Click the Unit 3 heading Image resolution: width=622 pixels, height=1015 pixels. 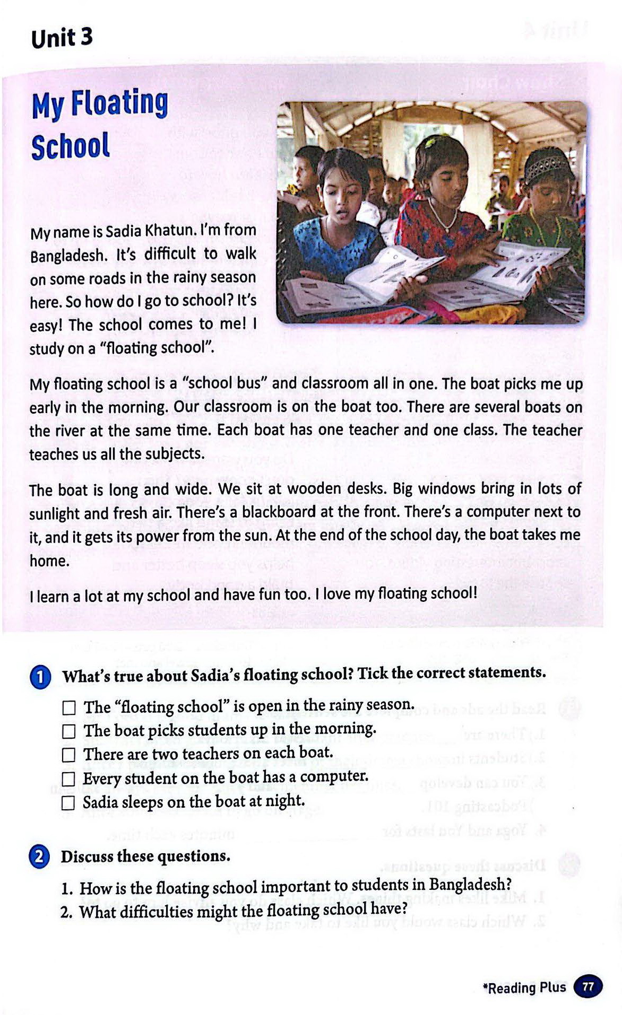point(62,38)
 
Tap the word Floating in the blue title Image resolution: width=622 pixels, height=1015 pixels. point(119,103)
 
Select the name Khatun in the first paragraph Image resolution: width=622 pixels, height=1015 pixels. point(169,231)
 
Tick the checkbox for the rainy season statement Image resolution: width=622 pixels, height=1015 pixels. point(69,708)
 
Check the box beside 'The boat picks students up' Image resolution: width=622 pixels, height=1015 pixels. point(69,732)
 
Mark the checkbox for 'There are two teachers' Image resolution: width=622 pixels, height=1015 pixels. point(69,755)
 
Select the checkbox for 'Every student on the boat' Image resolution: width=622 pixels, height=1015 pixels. point(69,779)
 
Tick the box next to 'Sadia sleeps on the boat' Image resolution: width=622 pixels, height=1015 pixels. point(68,803)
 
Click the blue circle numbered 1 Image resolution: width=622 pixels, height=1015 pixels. point(40,678)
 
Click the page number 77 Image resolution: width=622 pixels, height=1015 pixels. point(588,986)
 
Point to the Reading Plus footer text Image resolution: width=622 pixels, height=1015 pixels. point(524,988)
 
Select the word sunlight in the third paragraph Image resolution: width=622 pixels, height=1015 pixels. point(55,514)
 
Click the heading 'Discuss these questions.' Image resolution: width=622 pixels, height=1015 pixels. point(145,856)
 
